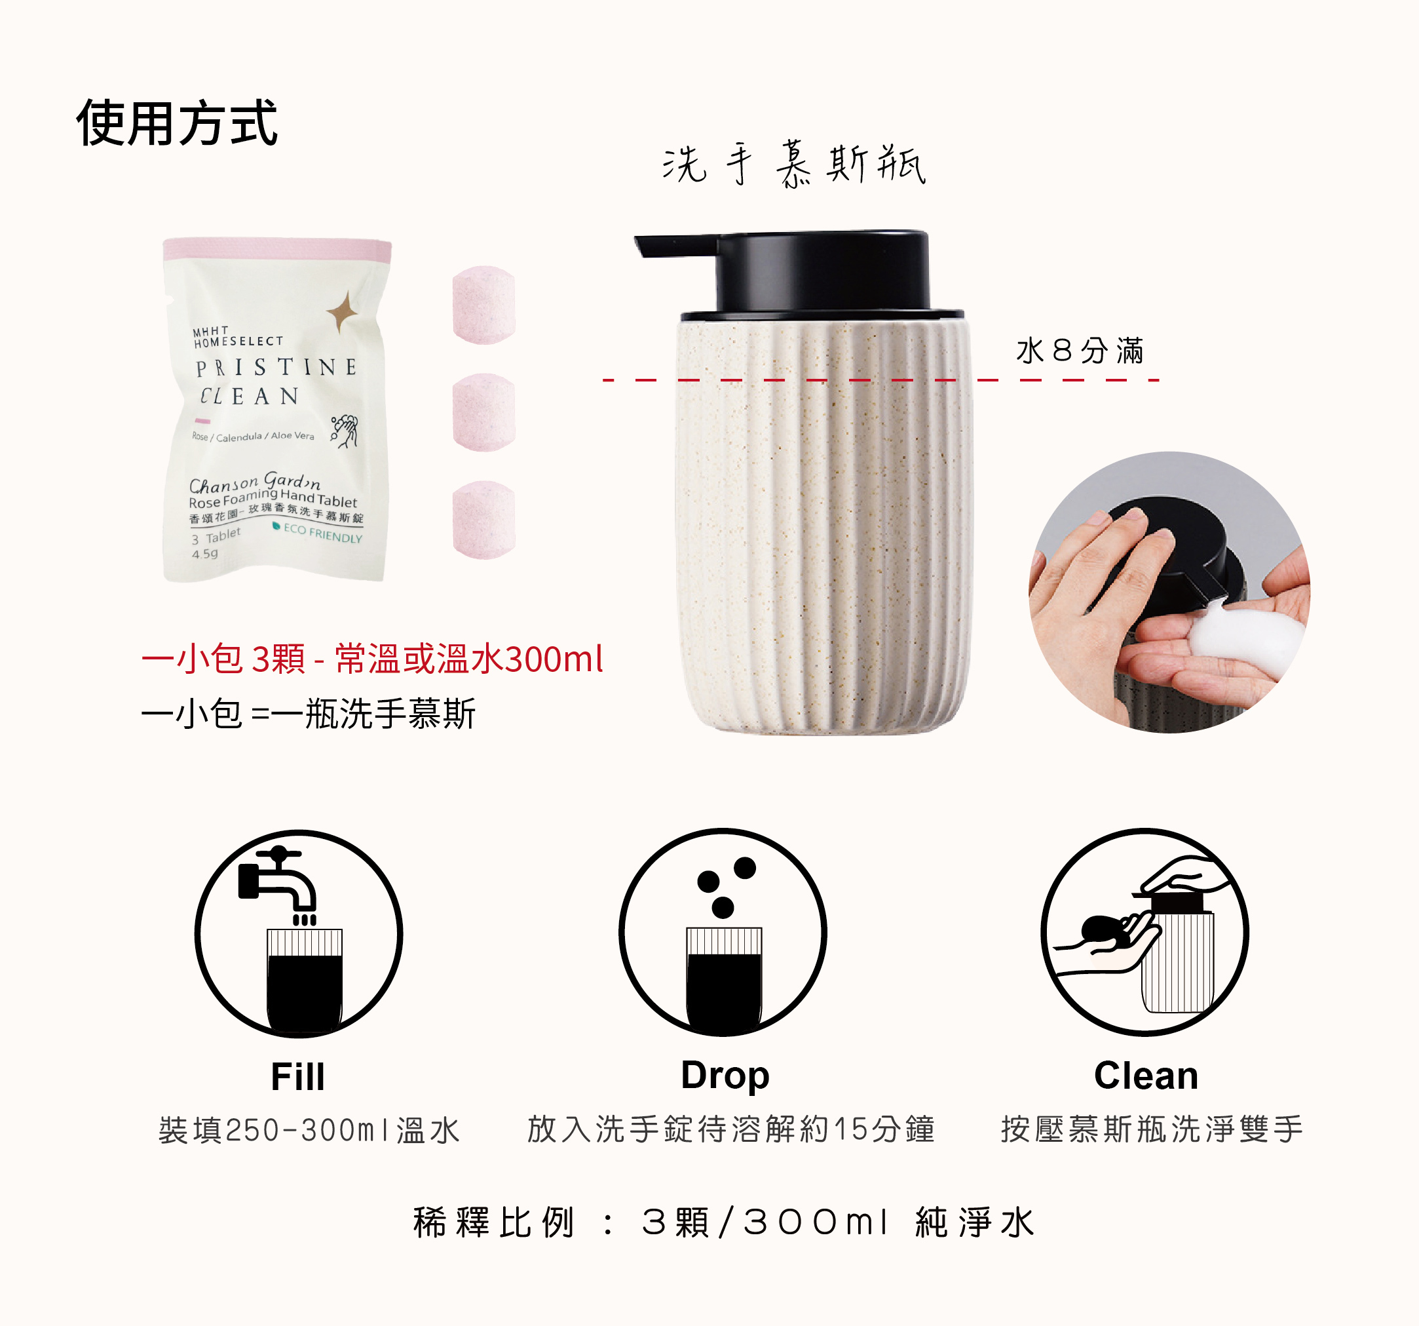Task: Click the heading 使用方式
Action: (176, 123)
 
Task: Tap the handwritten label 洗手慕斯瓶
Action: (794, 165)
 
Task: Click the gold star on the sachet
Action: (343, 312)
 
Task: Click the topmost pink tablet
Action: (484, 305)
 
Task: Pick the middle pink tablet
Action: (484, 412)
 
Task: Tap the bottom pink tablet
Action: (484, 519)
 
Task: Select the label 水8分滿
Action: (1080, 351)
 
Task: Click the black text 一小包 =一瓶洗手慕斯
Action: (309, 713)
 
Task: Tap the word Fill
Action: (297, 1076)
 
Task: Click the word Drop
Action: (725, 1076)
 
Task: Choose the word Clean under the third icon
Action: (1146, 1076)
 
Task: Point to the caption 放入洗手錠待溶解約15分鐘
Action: (731, 1129)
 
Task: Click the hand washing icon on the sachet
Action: (345, 431)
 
